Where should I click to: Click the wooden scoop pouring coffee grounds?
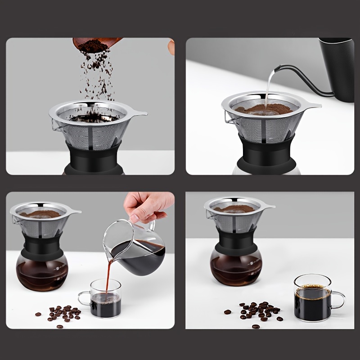coord(97,43)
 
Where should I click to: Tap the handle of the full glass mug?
coord(337,299)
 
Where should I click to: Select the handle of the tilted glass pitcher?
coord(152,225)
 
